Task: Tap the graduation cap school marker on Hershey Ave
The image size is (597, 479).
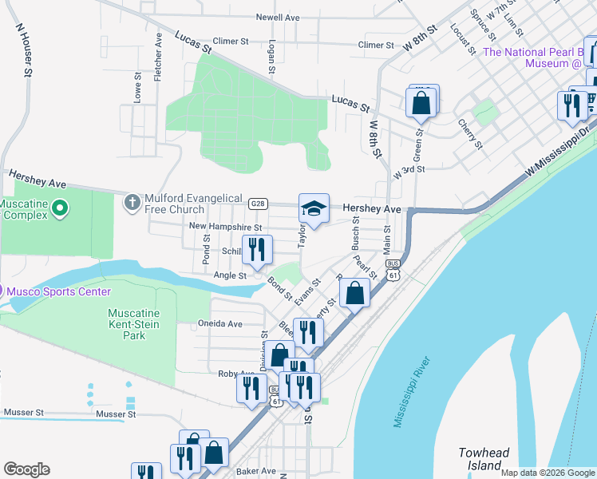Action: point(314,210)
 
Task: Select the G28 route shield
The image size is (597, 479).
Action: point(257,204)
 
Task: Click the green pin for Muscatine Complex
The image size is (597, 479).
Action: point(58,209)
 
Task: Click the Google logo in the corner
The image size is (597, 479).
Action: point(26,469)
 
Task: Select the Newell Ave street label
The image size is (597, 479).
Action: point(277,17)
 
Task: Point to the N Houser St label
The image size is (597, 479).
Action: point(24,49)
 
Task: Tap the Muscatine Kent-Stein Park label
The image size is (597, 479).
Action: point(134,324)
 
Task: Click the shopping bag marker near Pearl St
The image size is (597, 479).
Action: point(354,292)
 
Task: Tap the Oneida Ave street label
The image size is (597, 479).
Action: point(219,324)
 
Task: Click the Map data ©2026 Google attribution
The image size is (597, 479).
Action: point(547,473)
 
